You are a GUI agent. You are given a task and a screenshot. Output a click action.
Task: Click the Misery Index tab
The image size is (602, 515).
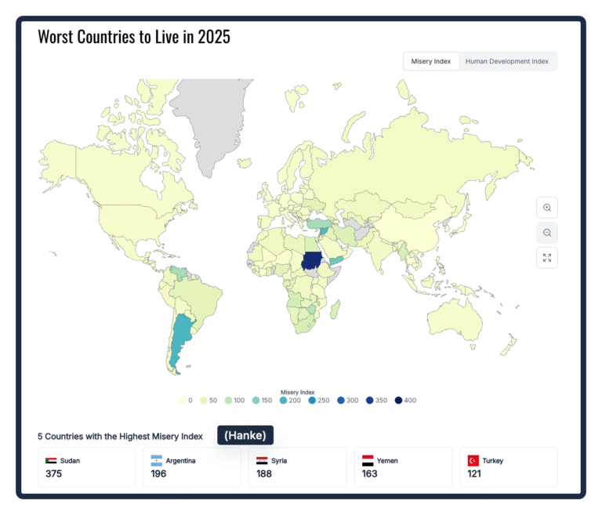(431, 61)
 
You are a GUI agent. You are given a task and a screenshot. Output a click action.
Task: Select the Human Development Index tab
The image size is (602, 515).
(507, 61)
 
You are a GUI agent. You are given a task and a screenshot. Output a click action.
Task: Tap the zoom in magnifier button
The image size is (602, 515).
(547, 208)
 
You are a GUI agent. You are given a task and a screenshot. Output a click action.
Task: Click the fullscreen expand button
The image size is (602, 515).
(547, 258)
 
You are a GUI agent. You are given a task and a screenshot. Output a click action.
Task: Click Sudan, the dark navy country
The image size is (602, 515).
(312, 261)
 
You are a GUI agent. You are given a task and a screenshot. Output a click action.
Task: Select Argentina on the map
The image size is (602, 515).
(180, 338)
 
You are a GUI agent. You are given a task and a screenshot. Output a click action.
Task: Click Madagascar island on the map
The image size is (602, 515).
(335, 310)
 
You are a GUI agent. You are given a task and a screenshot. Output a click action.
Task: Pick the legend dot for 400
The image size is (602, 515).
(398, 401)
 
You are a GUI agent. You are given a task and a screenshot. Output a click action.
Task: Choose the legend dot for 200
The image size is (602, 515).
(283, 401)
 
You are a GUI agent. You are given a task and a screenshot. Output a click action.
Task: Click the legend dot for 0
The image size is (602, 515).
(183, 401)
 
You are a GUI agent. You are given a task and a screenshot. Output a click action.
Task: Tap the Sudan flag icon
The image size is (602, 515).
(51, 460)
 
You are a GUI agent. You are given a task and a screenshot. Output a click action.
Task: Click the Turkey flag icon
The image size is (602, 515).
(473, 460)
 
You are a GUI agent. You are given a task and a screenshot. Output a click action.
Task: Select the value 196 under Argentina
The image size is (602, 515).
(158, 474)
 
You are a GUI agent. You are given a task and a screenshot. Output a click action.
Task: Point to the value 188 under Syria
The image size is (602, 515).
(264, 474)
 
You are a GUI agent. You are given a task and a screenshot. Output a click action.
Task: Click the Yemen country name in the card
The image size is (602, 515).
(387, 461)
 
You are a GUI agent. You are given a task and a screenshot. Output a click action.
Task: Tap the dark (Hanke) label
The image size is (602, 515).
(245, 435)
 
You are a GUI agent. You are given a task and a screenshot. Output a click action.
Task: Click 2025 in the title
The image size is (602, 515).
(214, 38)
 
